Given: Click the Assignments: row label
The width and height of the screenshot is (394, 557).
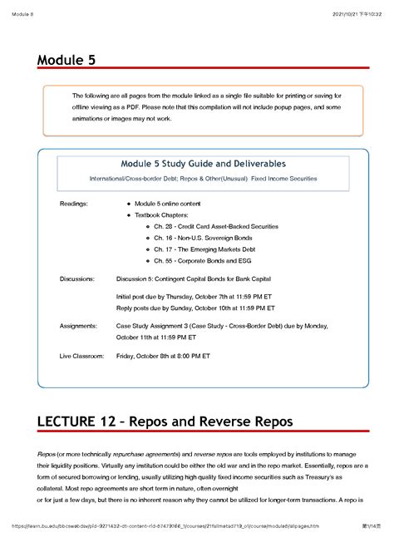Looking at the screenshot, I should click(81, 328).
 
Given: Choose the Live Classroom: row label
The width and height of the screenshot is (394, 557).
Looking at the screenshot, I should click(82, 356).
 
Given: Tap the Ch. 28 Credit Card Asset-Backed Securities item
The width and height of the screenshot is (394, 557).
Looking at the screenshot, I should click(216, 226).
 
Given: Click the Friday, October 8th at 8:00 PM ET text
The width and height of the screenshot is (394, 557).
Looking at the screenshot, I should click(163, 356).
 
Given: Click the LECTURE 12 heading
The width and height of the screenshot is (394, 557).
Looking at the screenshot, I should click(163, 422).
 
